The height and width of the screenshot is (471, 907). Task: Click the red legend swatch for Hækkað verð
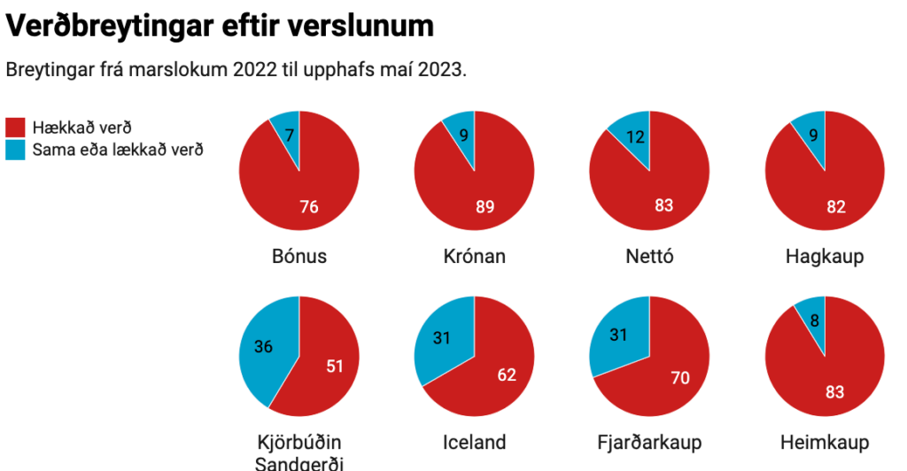[x=15, y=127]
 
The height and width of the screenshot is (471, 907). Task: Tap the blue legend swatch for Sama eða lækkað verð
[x=15, y=150]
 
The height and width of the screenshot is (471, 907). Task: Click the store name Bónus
[x=299, y=257]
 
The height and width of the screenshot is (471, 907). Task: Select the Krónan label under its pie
[x=474, y=257]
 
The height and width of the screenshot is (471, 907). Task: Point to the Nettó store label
[x=649, y=257]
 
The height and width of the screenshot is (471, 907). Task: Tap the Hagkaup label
[x=825, y=257]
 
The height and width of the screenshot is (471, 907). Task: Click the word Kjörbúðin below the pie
[x=299, y=442]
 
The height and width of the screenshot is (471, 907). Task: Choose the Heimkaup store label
[x=825, y=442]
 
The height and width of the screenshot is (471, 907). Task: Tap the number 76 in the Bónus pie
[x=308, y=207]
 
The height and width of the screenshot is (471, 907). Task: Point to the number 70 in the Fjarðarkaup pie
[x=680, y=379]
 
